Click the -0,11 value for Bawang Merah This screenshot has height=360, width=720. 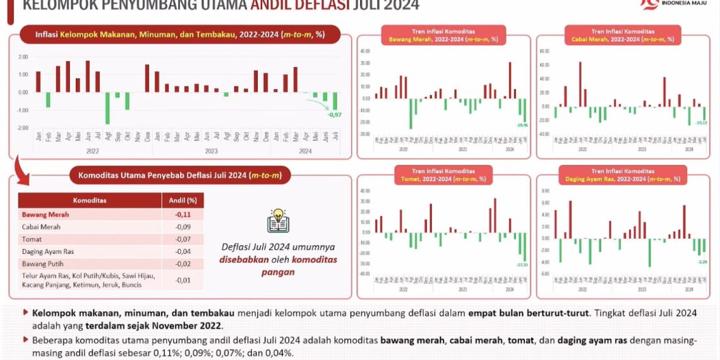183,215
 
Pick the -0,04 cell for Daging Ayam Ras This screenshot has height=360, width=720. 183,251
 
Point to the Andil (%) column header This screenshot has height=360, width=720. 183,201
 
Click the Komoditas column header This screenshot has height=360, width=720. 90,201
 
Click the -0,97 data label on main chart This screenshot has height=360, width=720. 334,114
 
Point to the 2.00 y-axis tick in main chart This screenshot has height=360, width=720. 23,57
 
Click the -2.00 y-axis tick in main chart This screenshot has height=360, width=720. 23,128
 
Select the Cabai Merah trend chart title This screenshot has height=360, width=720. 622,35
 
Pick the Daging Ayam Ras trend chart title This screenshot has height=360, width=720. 622,175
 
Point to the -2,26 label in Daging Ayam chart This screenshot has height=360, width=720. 701,261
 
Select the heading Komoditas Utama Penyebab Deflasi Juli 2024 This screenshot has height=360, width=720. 180,175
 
